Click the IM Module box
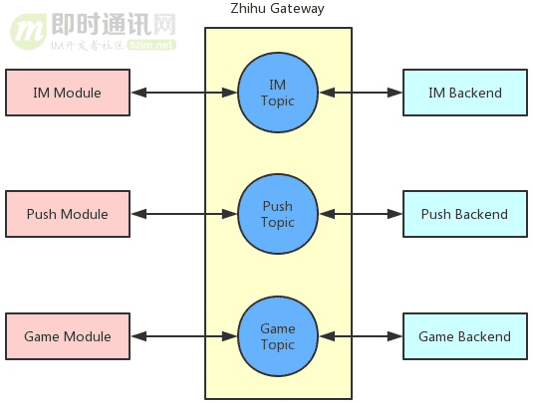[68, 93]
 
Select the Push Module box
[68, 214]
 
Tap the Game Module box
[68, 336]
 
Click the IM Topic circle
[278, 93]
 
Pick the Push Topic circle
[278, 214]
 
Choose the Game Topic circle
[278, 336]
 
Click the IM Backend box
[464, 93]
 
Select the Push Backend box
[464, 214]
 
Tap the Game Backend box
[464, 336]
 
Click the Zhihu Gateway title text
[277, 9]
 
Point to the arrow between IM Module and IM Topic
[184, 93]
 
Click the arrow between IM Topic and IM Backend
[361, 93]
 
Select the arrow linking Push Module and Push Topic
[184, 214]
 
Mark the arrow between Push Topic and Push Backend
[361, 214]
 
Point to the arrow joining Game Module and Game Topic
[184, 336]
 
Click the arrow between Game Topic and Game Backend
[361, 336]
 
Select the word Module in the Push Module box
[84, 214]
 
